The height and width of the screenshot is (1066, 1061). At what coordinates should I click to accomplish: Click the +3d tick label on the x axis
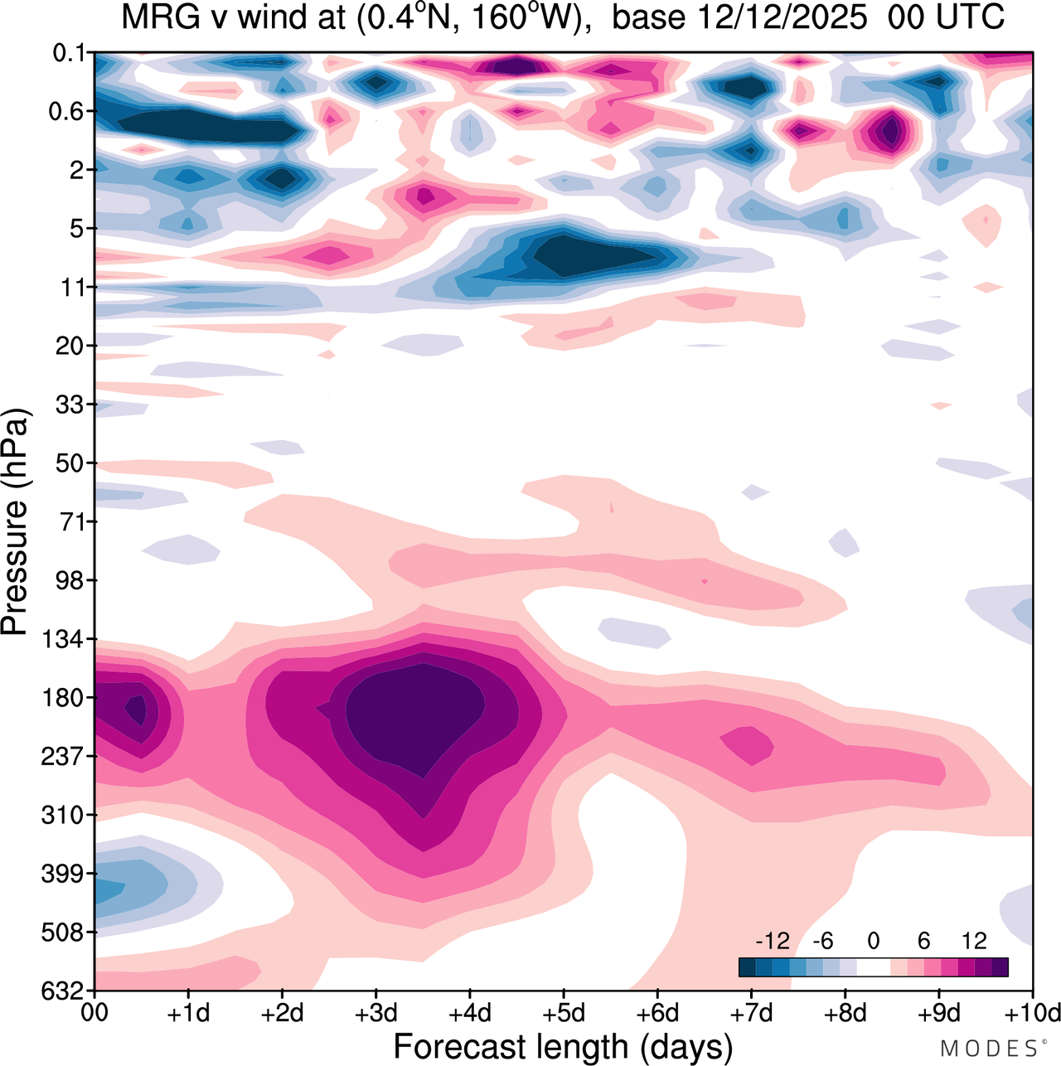pyautogui.click(x=375, y=1013)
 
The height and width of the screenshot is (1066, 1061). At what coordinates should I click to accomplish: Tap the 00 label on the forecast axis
pyautogui.click(x=95, y=1013)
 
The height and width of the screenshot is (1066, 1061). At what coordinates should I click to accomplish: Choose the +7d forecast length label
pyautogui.click(x=751, y=1013)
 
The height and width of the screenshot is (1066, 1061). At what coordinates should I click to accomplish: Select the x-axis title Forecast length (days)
pyautogui.click(x=563, y=1046)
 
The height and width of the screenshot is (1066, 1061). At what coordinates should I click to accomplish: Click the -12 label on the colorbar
pyautogui.click(x=772, y=941)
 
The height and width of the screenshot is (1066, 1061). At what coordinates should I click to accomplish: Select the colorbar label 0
pyautogui.click(x=874, y=941)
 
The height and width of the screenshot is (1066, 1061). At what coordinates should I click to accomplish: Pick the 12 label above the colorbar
pyautogui.click(x=975, y=941)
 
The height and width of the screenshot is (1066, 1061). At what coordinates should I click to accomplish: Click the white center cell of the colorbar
pyautogui.click(x=874, y=967)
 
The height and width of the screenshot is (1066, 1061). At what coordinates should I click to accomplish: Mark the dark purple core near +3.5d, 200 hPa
pyautogui.click(x=414, y=713)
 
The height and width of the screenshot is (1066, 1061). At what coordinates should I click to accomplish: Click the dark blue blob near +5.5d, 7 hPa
pyautogui.click(x=597, y=253)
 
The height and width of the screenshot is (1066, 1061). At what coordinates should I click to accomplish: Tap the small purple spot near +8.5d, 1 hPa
pyautogui.click(x=891, y=131)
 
